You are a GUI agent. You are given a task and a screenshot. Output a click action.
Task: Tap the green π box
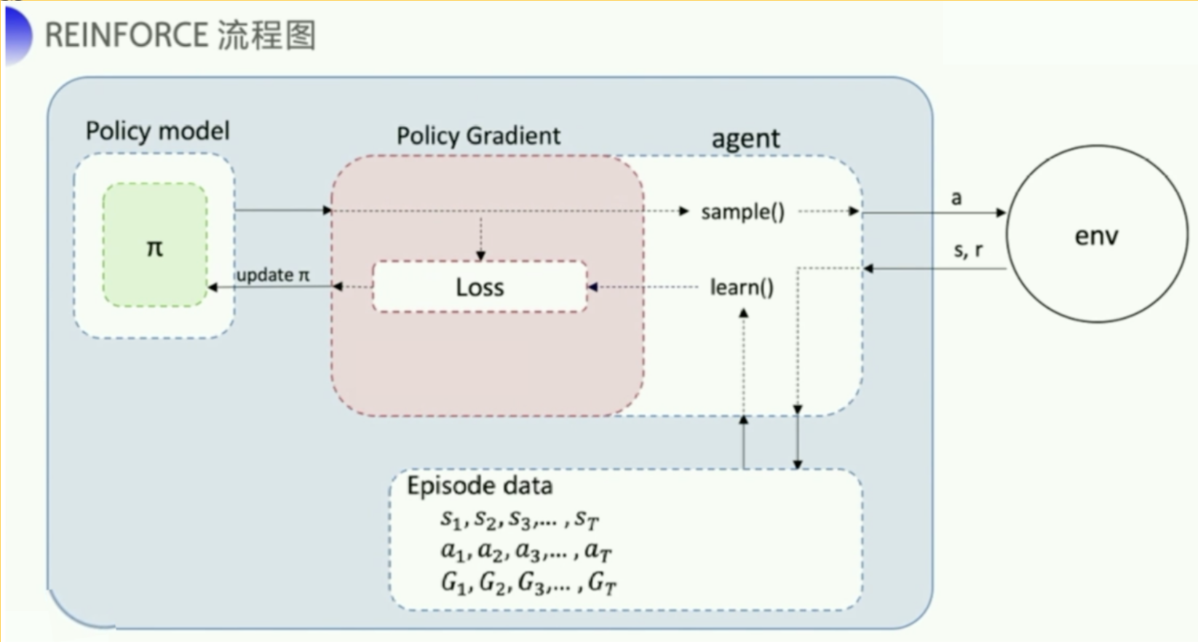[155, 245]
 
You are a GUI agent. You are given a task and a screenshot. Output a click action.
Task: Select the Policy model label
[157, 131]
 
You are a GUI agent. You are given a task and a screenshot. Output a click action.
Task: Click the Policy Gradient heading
[478, 135]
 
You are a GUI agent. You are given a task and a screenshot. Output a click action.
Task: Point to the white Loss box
[480, 287]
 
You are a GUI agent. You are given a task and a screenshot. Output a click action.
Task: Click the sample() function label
[742, 212]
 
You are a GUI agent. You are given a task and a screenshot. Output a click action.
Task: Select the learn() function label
[742, 288]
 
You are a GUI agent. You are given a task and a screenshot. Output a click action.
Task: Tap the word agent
[745, 138]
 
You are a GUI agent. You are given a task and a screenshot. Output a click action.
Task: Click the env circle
[1097, 234]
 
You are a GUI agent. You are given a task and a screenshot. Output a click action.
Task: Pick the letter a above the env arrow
[956, 197]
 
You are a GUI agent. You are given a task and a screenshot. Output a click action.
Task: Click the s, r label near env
[968, 250]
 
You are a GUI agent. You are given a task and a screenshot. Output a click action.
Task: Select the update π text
[273, 275]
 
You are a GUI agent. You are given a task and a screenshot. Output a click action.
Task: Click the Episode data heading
[480, 486]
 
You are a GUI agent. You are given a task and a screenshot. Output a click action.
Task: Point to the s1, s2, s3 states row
[520, 519]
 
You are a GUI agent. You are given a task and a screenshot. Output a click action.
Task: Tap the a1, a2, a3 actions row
[525, 551]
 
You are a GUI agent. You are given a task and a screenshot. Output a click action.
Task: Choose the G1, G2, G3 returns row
[529, 583]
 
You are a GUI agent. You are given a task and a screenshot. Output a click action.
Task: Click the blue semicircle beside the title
[17, 34]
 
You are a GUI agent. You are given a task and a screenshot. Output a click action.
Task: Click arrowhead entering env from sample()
[1001, 213]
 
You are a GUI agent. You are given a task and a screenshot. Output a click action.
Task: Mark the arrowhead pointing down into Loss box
[480, 255]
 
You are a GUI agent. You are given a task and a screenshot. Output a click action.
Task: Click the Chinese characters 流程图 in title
[266, 35]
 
